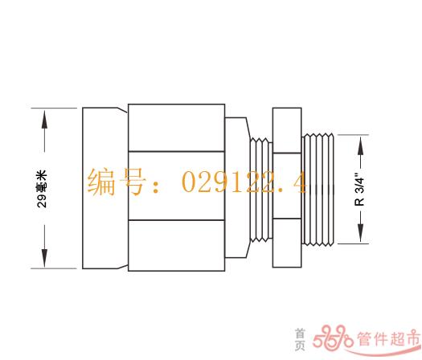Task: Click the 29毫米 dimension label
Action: coord(42,189)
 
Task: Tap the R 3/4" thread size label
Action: coord(359,189)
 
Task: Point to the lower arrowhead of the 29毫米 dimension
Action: coord(44,258)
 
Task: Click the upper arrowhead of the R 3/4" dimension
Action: coord(361,145)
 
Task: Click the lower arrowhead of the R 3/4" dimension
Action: coord(361,233)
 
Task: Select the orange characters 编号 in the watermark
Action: coord(117,181)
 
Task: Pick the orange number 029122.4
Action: coord(244,182)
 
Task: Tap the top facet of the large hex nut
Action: coord(177,128)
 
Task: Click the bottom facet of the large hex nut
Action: coord(177,245)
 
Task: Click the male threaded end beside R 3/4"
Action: coord(318,190)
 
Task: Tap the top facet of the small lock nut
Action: coord(287,130)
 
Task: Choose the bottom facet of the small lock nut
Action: coord(287,243)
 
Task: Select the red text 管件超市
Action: coord(389,339)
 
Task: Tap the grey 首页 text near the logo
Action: coord(300,339)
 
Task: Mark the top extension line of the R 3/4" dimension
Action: coord(353,135)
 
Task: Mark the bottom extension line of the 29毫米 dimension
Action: coord(54,268)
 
